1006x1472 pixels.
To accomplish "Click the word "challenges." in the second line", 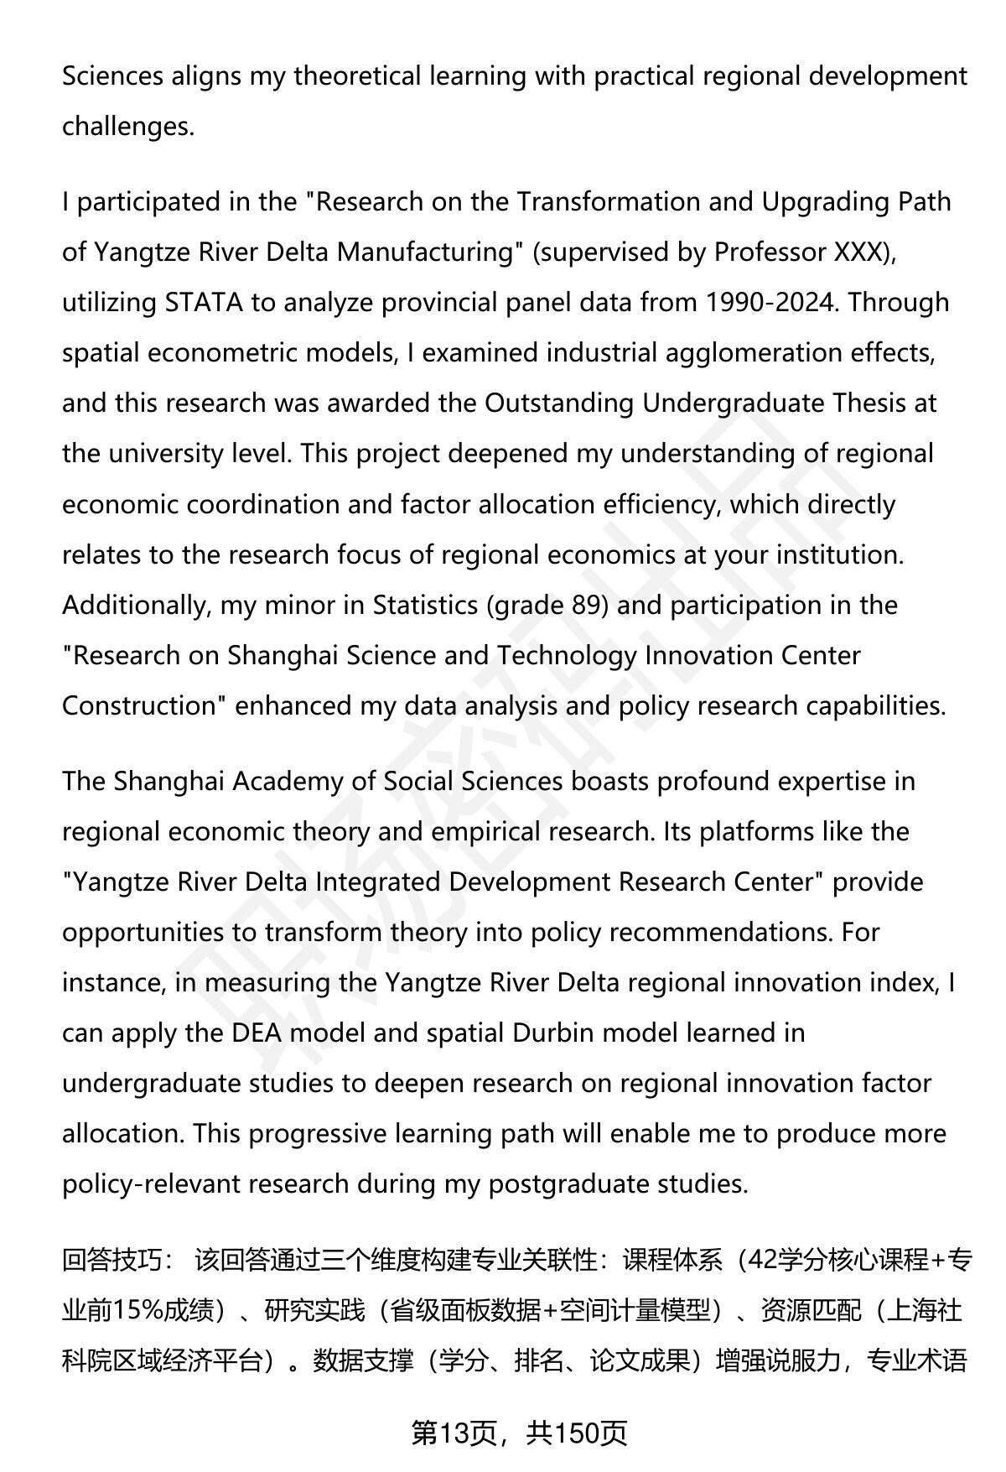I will [128, 127].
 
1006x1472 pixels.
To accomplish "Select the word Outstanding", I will [559, 403].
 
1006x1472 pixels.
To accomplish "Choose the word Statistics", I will [425, 605].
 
